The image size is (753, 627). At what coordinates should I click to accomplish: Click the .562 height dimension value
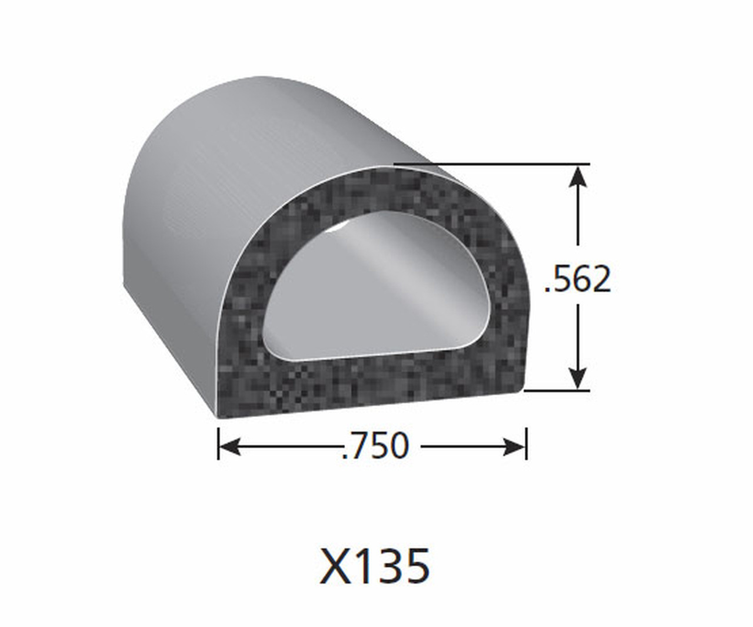click(x=577, y=279)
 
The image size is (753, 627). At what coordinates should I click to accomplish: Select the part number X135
click(x=375, y=566)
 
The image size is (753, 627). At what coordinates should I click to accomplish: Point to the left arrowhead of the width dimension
click(x=229, y=446)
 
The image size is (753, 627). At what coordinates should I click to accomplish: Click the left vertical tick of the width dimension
click(x=218, y=443)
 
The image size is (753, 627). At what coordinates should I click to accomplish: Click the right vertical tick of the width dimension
click(x=527, y=443)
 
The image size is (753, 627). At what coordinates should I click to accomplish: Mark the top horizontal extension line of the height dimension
click(x=492, y=165)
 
